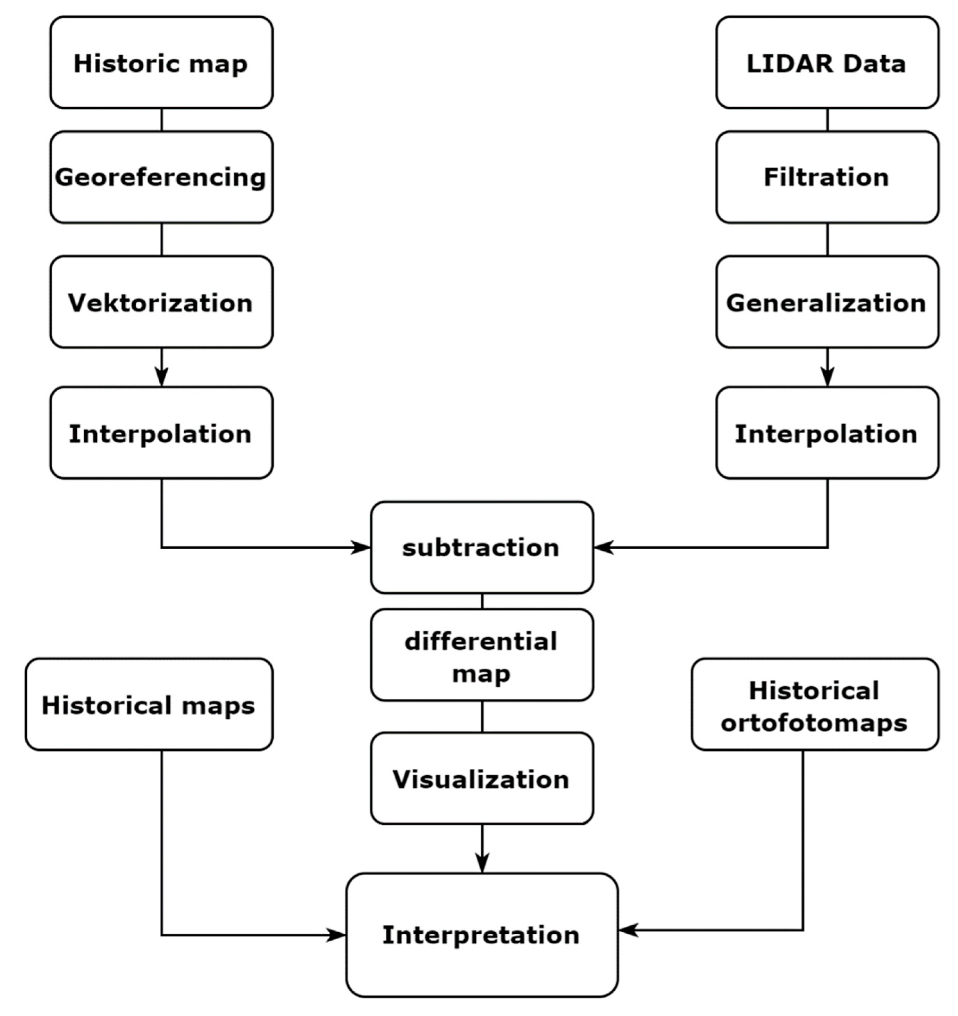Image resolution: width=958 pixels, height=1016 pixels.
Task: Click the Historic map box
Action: click(x=161, y=63)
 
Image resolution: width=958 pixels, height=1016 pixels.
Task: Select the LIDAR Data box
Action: click(x=827, y=63)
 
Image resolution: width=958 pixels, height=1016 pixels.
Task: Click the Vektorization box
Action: click(x=161, y=302)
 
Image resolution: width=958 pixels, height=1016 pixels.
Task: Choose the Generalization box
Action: click(x=827, y=302)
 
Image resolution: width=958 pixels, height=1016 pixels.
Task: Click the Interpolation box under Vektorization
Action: click(x=161, y=433)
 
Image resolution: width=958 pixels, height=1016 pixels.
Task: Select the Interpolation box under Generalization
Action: click(x=827, y=433)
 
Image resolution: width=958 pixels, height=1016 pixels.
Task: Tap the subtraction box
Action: click(x=481, y=547)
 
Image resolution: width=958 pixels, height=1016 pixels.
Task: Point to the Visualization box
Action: click(x=481, y=780)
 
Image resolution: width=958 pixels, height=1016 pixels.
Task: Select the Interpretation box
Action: click(x=481, y=935)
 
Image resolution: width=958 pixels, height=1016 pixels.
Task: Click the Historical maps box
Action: click(x=149, y=705)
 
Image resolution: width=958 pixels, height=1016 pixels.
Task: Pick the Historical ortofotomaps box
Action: click(x=814, y=705)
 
